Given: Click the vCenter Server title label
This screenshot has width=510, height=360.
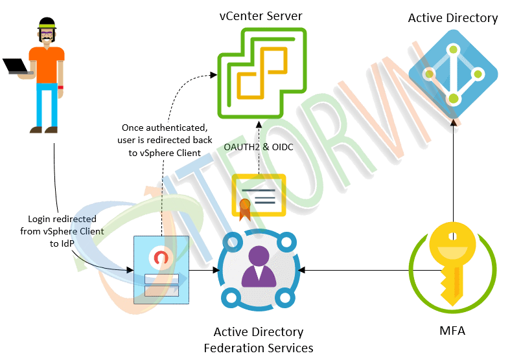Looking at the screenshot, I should click(260, 15).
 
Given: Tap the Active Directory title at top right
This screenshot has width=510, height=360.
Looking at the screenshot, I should click(452, 17).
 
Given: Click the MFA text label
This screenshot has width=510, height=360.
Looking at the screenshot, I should click(452, 331).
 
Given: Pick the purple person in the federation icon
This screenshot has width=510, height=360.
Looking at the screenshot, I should click(259, 267).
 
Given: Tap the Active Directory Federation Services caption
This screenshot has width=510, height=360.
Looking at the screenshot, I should click(259, 340).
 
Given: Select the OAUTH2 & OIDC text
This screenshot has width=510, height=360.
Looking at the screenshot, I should click(259, 148).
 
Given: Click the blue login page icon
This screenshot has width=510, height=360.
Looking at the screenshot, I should click(161, 269).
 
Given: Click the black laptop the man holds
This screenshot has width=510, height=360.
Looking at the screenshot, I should click(16, 67).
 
